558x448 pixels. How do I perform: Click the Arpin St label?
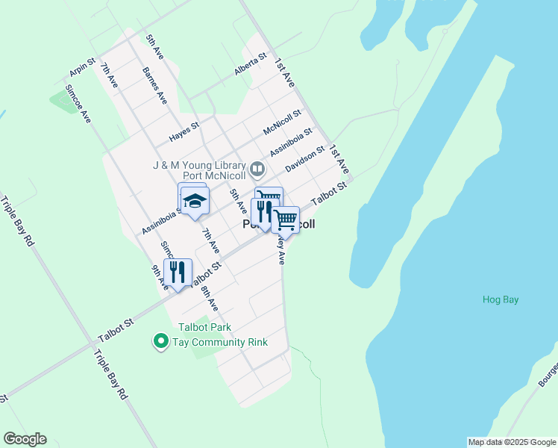[82, 67]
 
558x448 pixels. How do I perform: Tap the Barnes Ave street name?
[154, 84]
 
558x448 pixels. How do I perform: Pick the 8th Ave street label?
[210, 295]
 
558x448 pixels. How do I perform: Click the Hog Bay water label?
[500, 300]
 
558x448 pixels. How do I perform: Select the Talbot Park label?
[204, 327]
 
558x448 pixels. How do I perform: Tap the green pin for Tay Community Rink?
[160, 342]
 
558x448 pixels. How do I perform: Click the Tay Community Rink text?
[220, 342]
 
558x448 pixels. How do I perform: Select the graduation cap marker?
[195, 201]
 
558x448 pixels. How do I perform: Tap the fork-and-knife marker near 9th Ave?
[178, 273]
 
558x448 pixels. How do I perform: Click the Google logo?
[25, 439]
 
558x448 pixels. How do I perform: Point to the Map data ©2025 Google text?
[512, 442]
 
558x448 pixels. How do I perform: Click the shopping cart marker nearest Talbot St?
[285, 220]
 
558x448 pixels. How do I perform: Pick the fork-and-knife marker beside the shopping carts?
[263, 212]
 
